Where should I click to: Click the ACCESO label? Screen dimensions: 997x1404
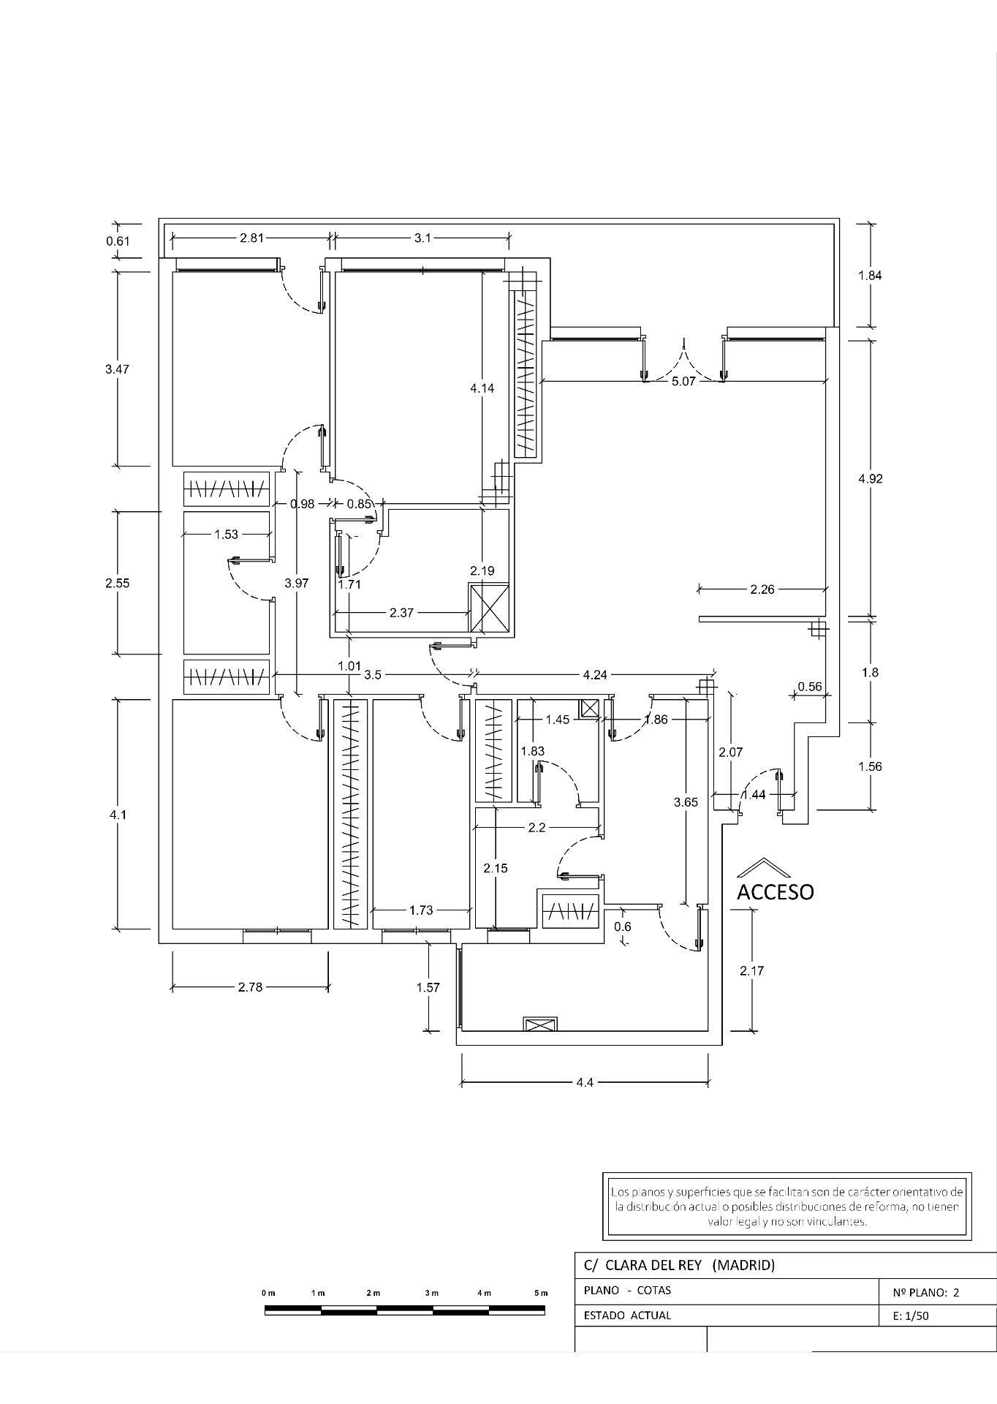[x=775, y=892]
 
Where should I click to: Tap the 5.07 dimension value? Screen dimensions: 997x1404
[x=683, y=381]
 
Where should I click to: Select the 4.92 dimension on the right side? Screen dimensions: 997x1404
[x=870, y=479]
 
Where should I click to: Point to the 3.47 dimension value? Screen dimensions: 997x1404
[x=117, y=369]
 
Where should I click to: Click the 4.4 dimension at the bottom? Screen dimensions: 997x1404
[x=584, y=1082]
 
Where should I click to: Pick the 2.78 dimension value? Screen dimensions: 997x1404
[x=250, y=987]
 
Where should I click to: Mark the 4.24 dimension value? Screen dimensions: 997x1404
[x=595, y=675]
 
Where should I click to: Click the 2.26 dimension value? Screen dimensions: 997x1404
[x=762, y=589]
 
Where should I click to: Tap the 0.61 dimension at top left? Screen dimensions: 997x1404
[x=118, y=241]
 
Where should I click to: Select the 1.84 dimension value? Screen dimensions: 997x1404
[x=870, y=276]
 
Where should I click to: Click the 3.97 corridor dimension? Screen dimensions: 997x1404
[x=297, y=583]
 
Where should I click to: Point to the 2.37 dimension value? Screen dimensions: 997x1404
[x=401, y=613]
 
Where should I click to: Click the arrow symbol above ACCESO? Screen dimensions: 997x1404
[x=764, y=867]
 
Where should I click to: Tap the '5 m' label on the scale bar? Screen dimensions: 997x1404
[x=540, y=1293]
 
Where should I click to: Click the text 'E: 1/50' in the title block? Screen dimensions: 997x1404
[x=911, y=1316]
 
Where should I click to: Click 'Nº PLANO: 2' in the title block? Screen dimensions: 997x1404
[x=926, y=1292]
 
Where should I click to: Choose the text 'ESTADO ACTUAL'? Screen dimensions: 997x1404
[x=627, y=1316]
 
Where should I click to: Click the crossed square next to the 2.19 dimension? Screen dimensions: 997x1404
[x=489, y=608]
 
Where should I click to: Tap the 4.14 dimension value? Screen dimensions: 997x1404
[x=482, y=388]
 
